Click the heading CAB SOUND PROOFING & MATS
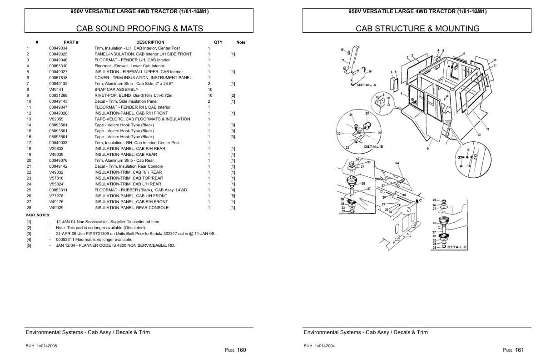(x=139, y=29)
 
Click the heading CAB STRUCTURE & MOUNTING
(x=417, y=29)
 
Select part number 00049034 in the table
(x=58, y=48)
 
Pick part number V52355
(x=56, y=119)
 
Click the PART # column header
(x=71, y=42)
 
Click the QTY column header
(x=218, y=42)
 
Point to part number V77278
(x=56, y=196)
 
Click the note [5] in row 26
(x=233, y=196)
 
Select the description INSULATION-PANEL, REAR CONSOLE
(x=131, y=208)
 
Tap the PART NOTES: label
(x=38, y=215)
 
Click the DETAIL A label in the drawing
(x=367, y=85)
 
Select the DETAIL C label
(x=457, y=247)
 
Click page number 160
(x=241, y=350)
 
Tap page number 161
(x=519, y=350)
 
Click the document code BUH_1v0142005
(x=41, y=346)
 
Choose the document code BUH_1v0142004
(x=319, y=346)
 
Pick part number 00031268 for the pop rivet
(x=58, y=95)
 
